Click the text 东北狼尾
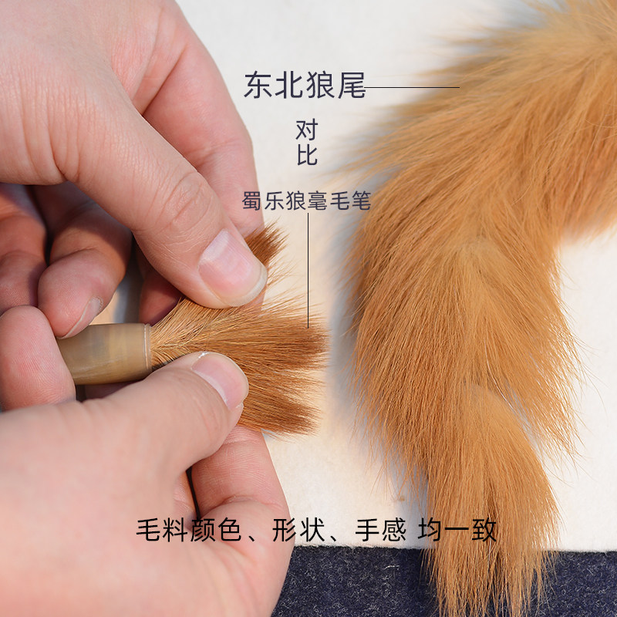coord(304,86)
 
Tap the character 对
coord(306,129)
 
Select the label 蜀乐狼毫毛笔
coord(306,202)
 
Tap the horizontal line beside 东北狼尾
coord(413,87)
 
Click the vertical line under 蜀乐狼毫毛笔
coord(308,270)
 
